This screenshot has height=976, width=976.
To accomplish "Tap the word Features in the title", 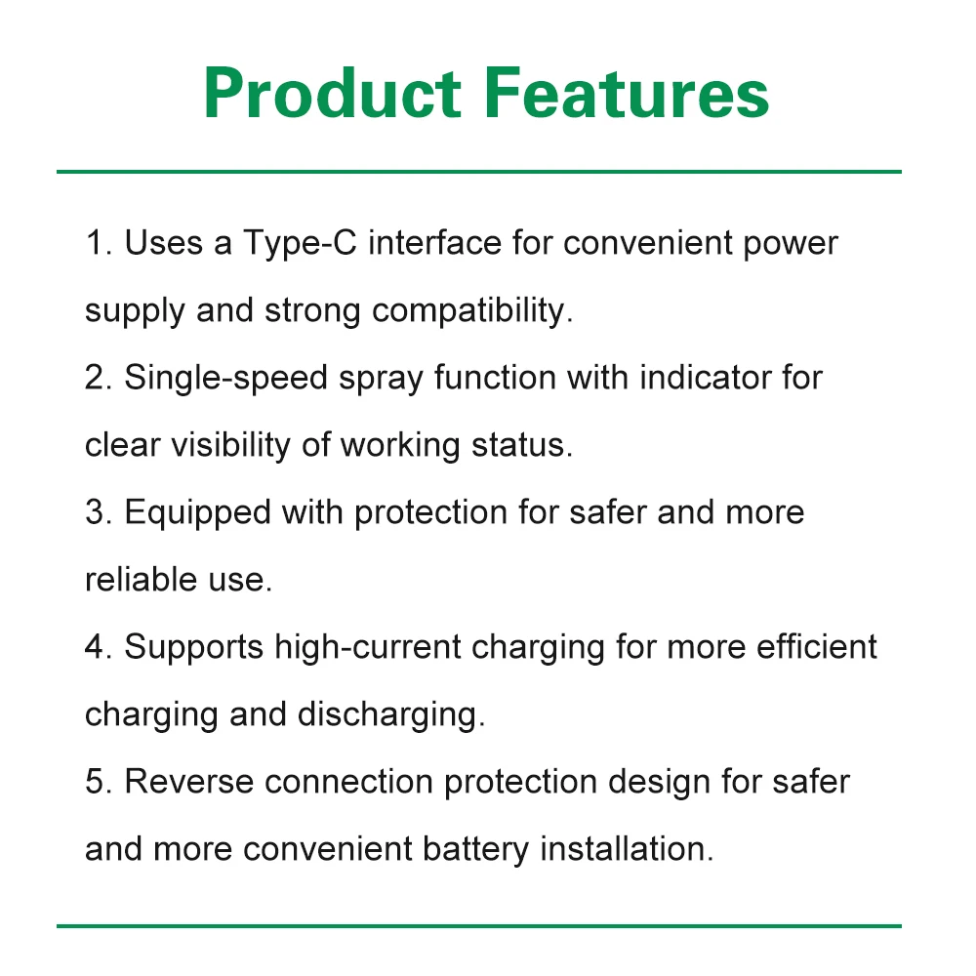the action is pos(627,93).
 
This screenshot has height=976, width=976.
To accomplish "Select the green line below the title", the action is pos(478,171).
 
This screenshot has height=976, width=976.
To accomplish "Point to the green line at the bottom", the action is pos(478,925).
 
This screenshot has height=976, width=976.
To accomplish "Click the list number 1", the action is pos(99,243).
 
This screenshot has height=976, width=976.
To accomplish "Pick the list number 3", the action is pos(99,512).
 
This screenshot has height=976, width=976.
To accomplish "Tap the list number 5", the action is pos(99,782).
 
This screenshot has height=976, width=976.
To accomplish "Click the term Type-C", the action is pos(300,244).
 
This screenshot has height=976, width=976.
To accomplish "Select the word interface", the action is pos(435,242).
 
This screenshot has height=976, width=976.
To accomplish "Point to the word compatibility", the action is pos(472,311).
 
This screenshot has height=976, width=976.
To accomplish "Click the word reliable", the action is pos(141,579).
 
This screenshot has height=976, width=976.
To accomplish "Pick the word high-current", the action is pos(368,648).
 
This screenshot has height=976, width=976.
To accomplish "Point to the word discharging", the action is pos(391,715).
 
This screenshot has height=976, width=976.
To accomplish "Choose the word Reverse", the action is pos(189,782).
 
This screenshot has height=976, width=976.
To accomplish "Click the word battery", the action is pos(475,850).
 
